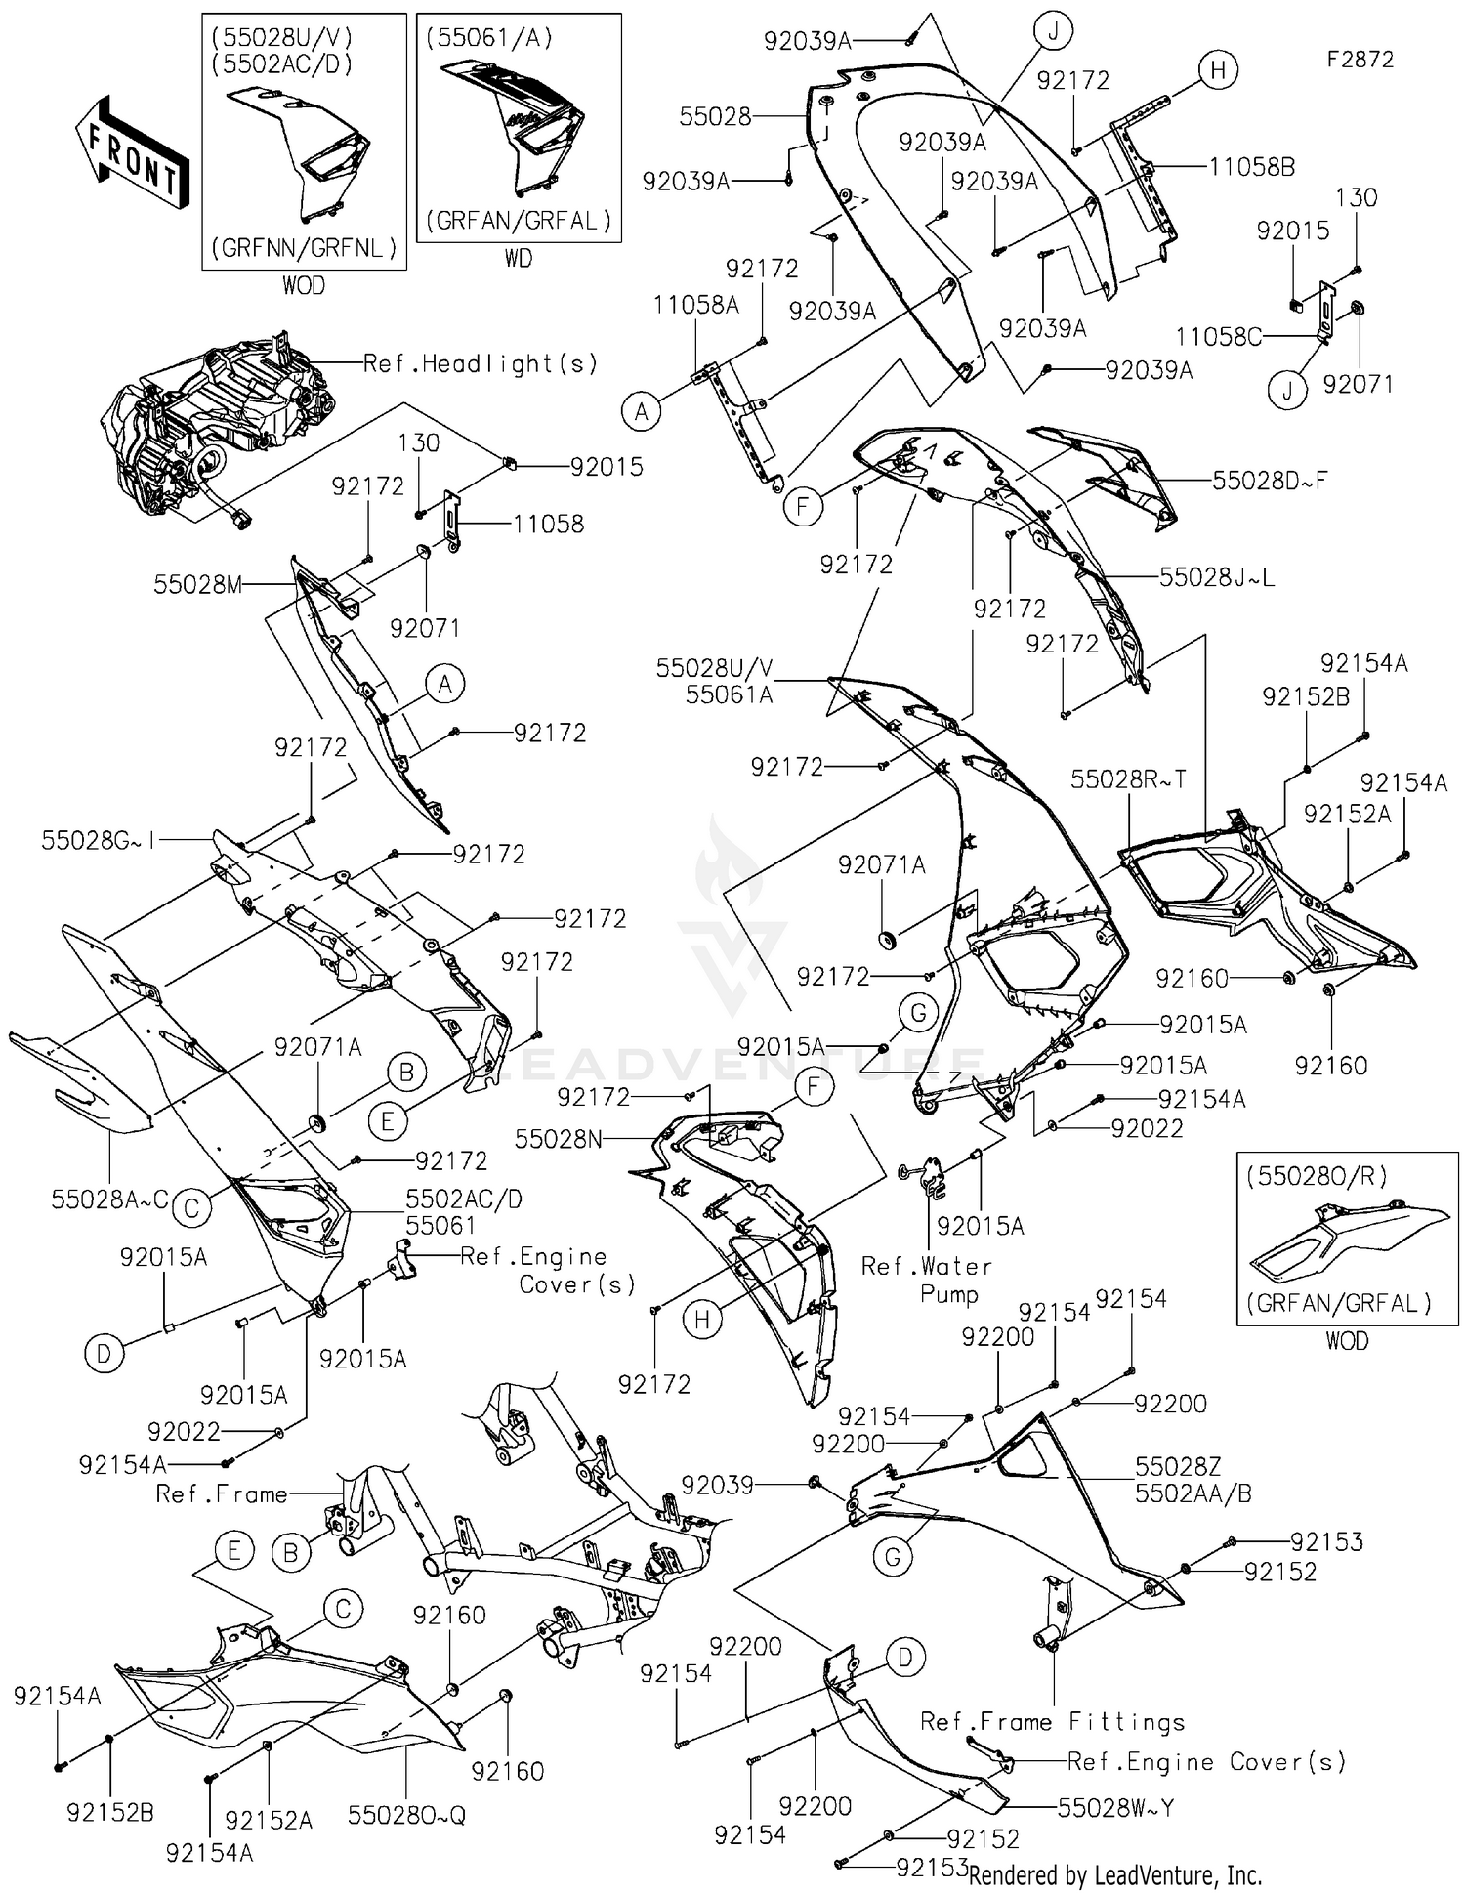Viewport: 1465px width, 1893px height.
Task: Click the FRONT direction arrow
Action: [x=132, y=152]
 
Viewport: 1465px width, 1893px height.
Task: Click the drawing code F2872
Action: [x=1360, y=60]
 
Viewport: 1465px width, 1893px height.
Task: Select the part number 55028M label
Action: [x=197, y=585]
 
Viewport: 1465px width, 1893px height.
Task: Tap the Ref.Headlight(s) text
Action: [x=480, y=364]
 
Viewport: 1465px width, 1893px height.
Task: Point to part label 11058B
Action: [x=1251, y=168]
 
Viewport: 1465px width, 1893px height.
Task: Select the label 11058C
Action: [x=1218, y=337]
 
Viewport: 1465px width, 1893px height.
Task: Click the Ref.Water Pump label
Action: [x=926, y=1281]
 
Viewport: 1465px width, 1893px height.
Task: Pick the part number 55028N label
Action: [x=559, y=1139]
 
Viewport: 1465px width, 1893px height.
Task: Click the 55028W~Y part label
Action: [x=1115, y=1808]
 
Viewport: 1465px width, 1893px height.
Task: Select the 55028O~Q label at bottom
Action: [x=406, y=1815]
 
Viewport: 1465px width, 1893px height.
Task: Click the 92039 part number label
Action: [x=718, y=1486]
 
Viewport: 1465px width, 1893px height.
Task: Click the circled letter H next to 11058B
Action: [x=1218, y=69]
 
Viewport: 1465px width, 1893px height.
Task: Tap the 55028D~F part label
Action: [x=1270, y=481]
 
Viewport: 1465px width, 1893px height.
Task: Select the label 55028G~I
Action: [x=99, y=840]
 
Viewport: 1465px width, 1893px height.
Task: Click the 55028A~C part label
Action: [x=109, y=1199]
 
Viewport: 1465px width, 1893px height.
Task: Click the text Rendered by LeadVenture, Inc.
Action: [x=1114, y=1875]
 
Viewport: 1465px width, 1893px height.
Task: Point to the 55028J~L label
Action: [x=1217, y=577]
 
